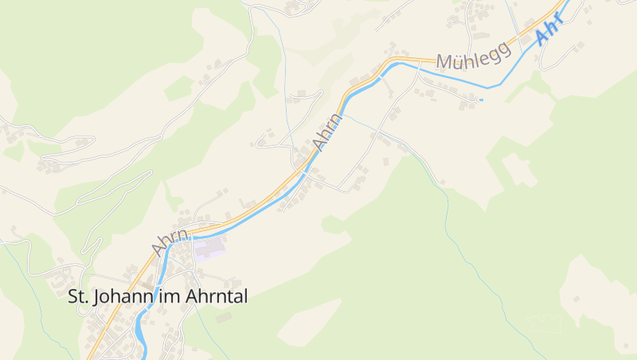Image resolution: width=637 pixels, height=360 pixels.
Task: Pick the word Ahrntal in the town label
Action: pos(217,297)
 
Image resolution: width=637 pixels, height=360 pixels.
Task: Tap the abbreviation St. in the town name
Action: pos(77,297)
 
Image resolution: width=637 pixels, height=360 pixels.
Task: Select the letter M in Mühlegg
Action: pos(442,62)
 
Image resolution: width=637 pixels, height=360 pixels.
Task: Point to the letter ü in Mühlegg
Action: pos(455,59)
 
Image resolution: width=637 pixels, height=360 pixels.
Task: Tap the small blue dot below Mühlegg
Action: pos(481,100)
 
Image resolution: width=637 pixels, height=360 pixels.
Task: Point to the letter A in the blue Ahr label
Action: pos(542,37)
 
